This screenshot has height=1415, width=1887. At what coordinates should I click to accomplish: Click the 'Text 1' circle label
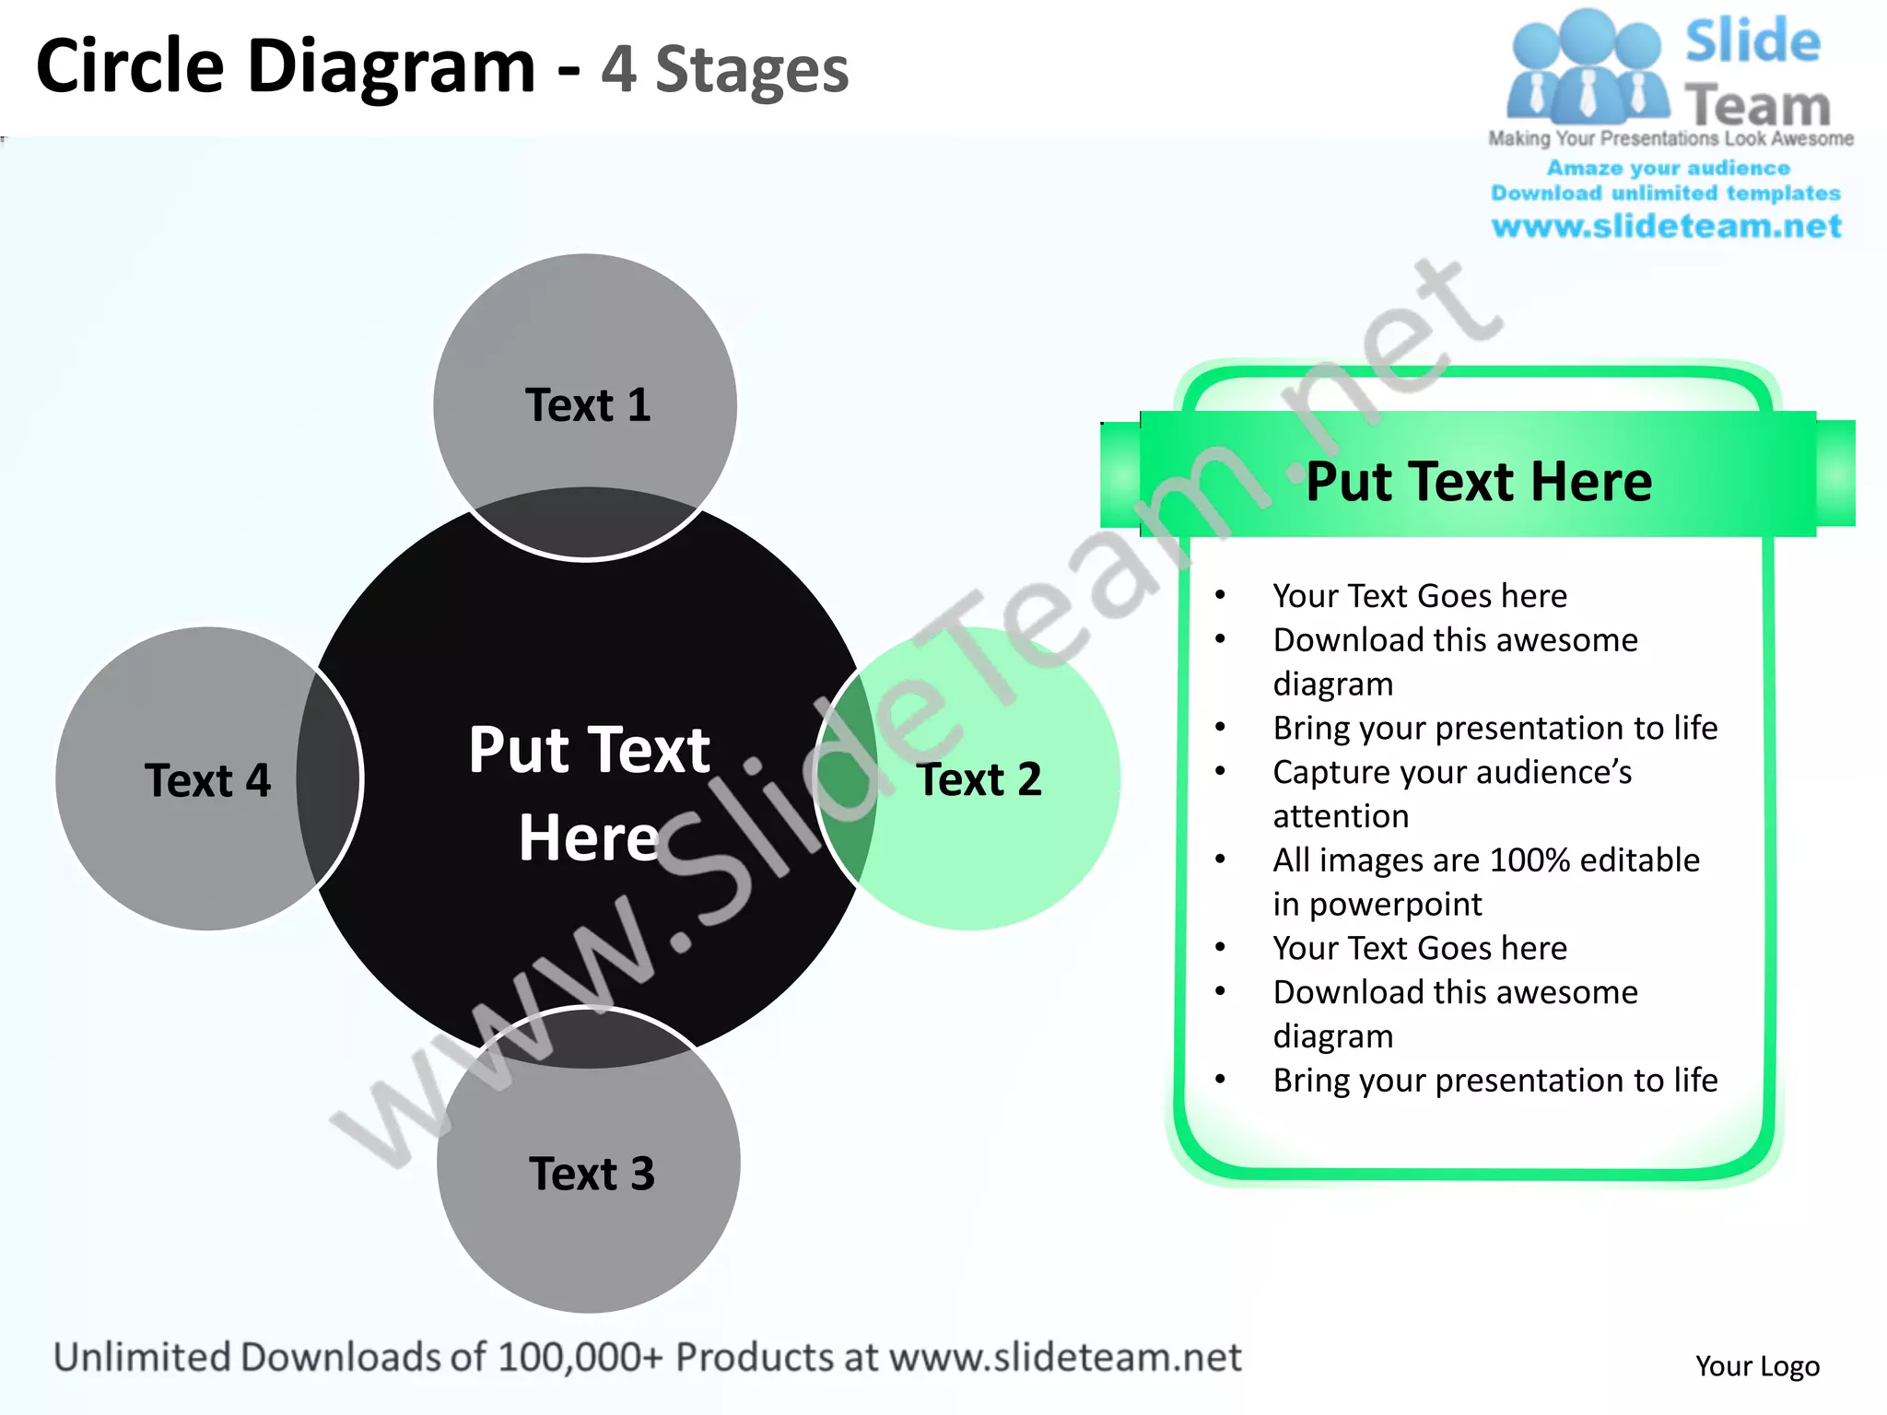588,405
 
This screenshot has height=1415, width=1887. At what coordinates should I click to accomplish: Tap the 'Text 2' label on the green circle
979,779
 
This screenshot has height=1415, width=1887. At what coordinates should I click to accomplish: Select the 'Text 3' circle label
592,1174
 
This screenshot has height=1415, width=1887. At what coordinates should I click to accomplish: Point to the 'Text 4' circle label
207,780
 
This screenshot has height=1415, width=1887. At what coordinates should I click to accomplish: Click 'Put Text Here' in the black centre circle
589,792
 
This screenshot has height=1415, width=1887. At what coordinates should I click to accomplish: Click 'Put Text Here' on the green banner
1479,481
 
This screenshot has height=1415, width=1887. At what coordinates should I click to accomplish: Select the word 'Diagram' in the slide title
392,66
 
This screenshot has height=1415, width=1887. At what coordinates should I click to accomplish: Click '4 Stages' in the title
724,70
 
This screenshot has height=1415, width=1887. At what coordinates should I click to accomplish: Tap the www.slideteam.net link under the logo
1666,226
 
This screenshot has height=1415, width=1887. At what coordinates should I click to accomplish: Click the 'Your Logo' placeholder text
1757,1365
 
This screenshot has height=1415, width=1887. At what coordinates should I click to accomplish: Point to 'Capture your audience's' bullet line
1452,772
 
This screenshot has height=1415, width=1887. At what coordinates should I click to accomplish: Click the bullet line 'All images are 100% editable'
1485,860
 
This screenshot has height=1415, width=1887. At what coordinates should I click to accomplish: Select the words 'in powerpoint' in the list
1377,904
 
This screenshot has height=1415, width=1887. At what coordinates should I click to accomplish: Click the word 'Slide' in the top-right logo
1752,41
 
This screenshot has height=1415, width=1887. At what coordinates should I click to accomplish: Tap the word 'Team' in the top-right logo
1757,106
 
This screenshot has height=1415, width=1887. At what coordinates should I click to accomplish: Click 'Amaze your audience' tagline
1668,168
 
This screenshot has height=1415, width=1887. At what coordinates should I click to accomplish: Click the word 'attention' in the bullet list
1341,816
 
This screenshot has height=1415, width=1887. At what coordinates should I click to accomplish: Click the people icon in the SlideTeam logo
1587,69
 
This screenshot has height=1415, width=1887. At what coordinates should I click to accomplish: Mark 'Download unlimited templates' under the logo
1666,193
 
